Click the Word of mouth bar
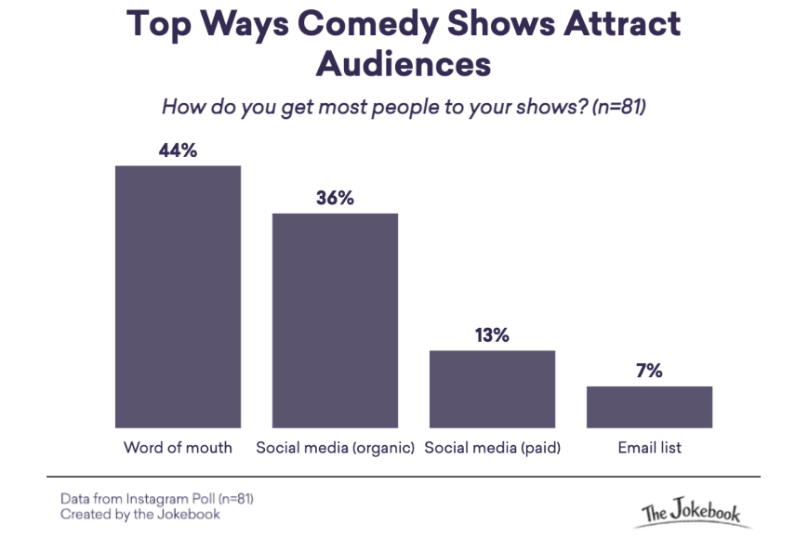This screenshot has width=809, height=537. pyautogui.click(x=178, y=295)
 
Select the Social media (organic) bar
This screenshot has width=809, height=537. pyautogui.click(x=335, y=320)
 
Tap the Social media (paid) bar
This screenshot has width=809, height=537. pyautogui.click(x=492, y=388)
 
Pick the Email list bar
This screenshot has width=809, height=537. pyautogui.click(x=649, y=406)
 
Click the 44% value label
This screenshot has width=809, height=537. pyautogui.click(x=178, y=151)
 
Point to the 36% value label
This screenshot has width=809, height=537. pyautogui.click(x=335, y=199)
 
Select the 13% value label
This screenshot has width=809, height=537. pyautogui.click(x=492, y=335)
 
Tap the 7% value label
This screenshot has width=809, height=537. pyautogui.click(x=649, y=372)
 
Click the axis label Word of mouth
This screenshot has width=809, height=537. pyautogui.click(x=178, y=448)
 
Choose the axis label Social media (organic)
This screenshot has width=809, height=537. pyautogui.click(x=335, y=448)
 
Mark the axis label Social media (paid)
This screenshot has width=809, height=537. pyautogui.click(x=492, y=448)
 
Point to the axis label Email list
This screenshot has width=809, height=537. pyautogui.click(x=649, y=448)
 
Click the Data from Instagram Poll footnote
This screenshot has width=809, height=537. pyautogui.click(x=156, y=498)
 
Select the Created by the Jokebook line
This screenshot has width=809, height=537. pyautogui.click(x=140, y=513)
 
